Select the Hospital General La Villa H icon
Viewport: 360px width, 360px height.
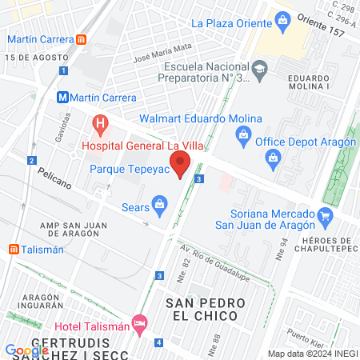100,123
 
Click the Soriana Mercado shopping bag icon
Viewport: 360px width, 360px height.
324,215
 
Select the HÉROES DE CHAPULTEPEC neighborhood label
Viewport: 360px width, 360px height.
326,247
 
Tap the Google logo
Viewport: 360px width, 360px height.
26,350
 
